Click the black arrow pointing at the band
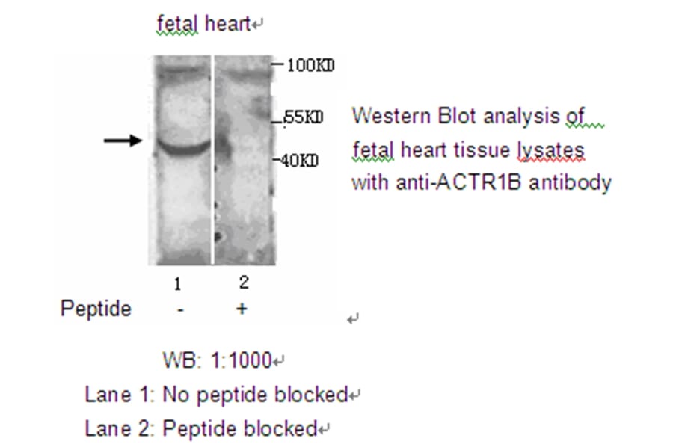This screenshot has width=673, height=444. pos(122,140)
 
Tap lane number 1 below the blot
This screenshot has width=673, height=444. pos(178,285)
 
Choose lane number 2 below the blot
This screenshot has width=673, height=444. pos(243,283)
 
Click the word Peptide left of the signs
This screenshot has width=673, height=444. pos(95,309)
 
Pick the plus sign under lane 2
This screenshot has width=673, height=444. pos(242,309)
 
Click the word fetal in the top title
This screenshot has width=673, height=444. pos(176,24)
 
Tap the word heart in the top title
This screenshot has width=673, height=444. pos(226,24)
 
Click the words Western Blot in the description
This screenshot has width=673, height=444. pos(413,117)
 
